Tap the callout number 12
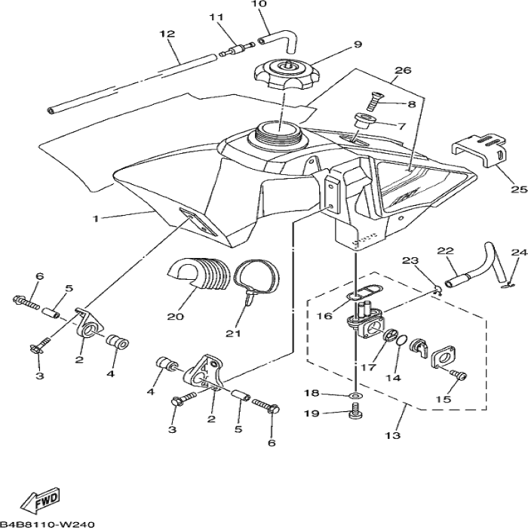click(x=167, y=34)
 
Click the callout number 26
click(x=402, y=71)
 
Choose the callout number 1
click(x=96, y=218)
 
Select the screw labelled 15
click(x=459, y=374)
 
